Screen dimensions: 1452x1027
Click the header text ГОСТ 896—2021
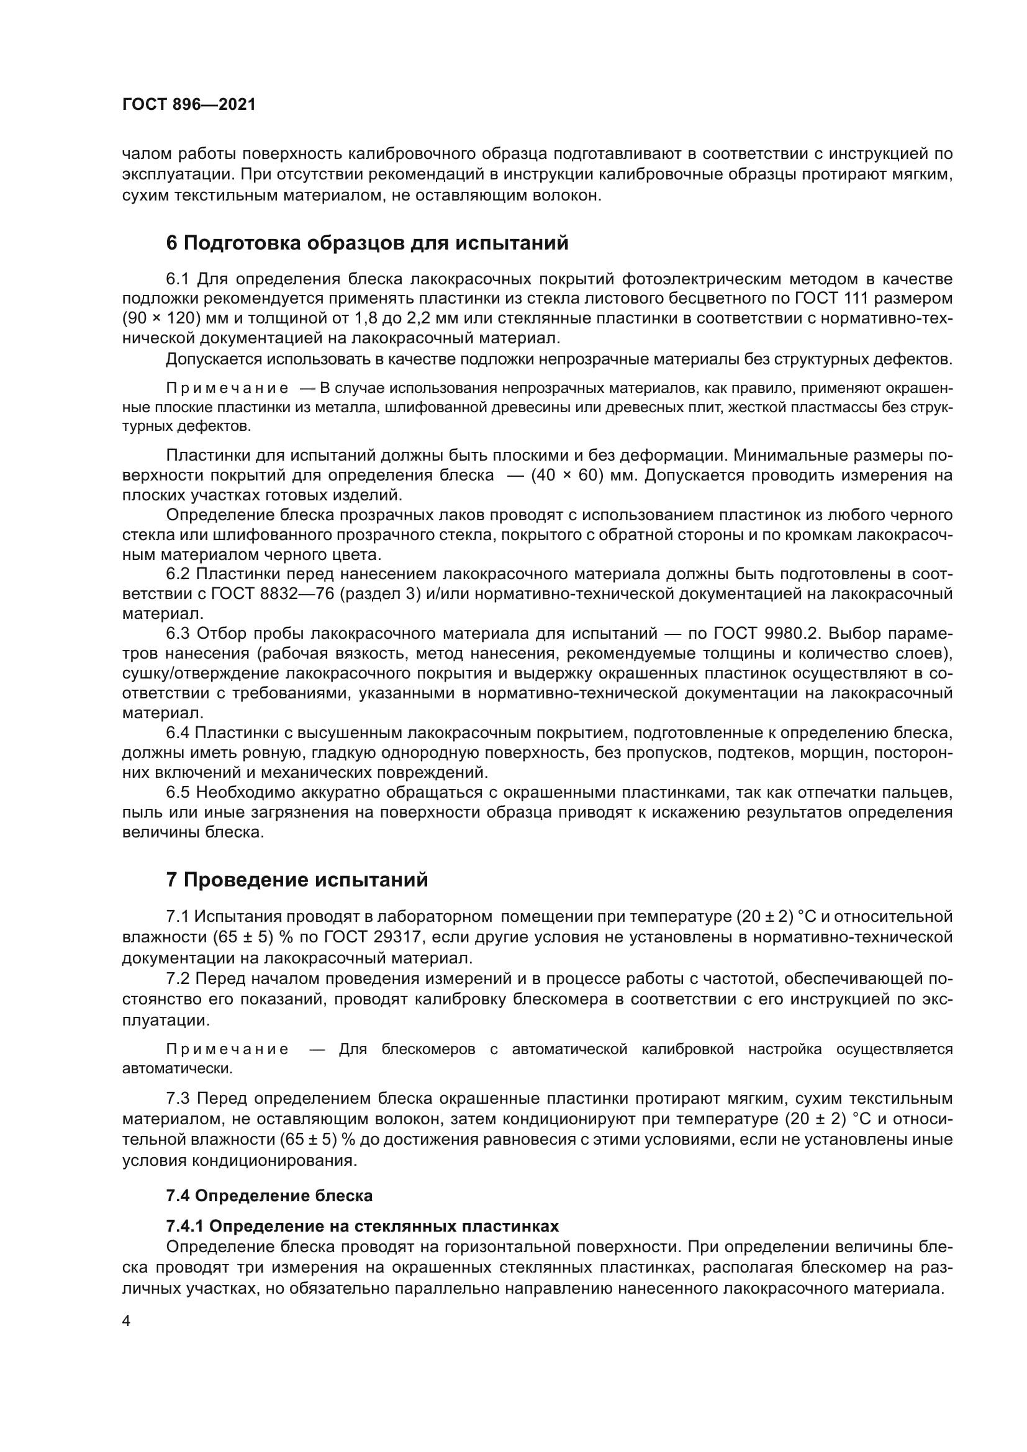click(189, 105)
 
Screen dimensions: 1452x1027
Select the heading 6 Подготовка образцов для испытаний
click(367, 243)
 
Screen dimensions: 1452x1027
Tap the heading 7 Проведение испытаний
click(297, 880)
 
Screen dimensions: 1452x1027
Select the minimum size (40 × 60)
click(567, 476)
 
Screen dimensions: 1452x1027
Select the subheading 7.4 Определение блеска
click(269, 1196)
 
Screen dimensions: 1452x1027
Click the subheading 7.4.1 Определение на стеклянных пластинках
click(363, 1226)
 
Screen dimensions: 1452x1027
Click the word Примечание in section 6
click(227, 388)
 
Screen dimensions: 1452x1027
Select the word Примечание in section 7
click(227, 1050)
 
